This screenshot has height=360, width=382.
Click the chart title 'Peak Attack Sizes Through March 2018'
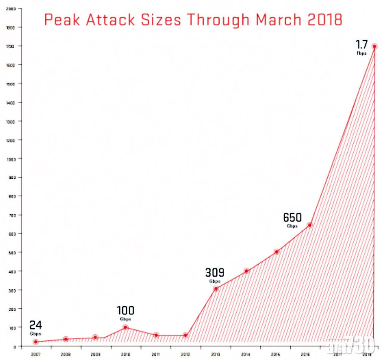tap(193, 20)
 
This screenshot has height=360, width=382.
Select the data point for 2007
tap(36, 342)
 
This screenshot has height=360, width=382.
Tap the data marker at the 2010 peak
tap(125, 327)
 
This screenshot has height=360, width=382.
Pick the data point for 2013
tap(216, 288)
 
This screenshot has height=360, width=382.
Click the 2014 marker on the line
tap(247, 271)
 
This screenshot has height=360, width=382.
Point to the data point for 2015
tap(277, 252)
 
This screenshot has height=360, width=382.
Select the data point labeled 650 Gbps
tap(310, 225)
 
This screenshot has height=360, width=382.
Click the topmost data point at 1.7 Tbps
tap(374, 46)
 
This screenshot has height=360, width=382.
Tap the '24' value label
tap(36, 325)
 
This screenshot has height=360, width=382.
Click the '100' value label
tap(125, 310)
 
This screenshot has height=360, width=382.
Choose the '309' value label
tap(215, 273)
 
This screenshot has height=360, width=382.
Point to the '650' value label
tap(292, 217)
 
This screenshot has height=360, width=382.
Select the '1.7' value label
tap(361, 45)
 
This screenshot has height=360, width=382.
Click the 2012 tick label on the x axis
tap(185, 355)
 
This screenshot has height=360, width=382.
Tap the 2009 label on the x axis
tap(95, 355)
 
